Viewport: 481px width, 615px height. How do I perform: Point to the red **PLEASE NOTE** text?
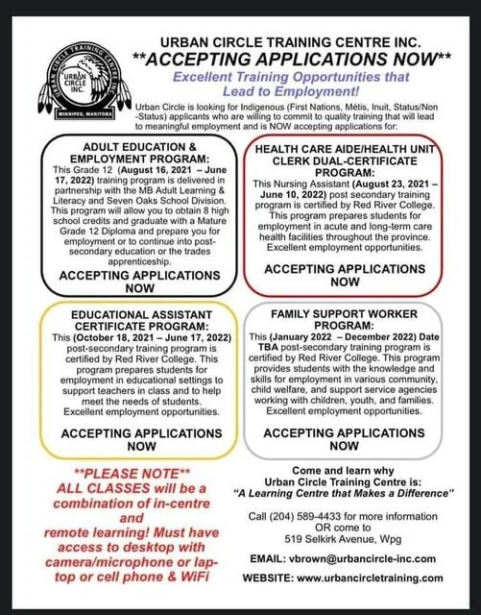[x=124, y=477]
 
